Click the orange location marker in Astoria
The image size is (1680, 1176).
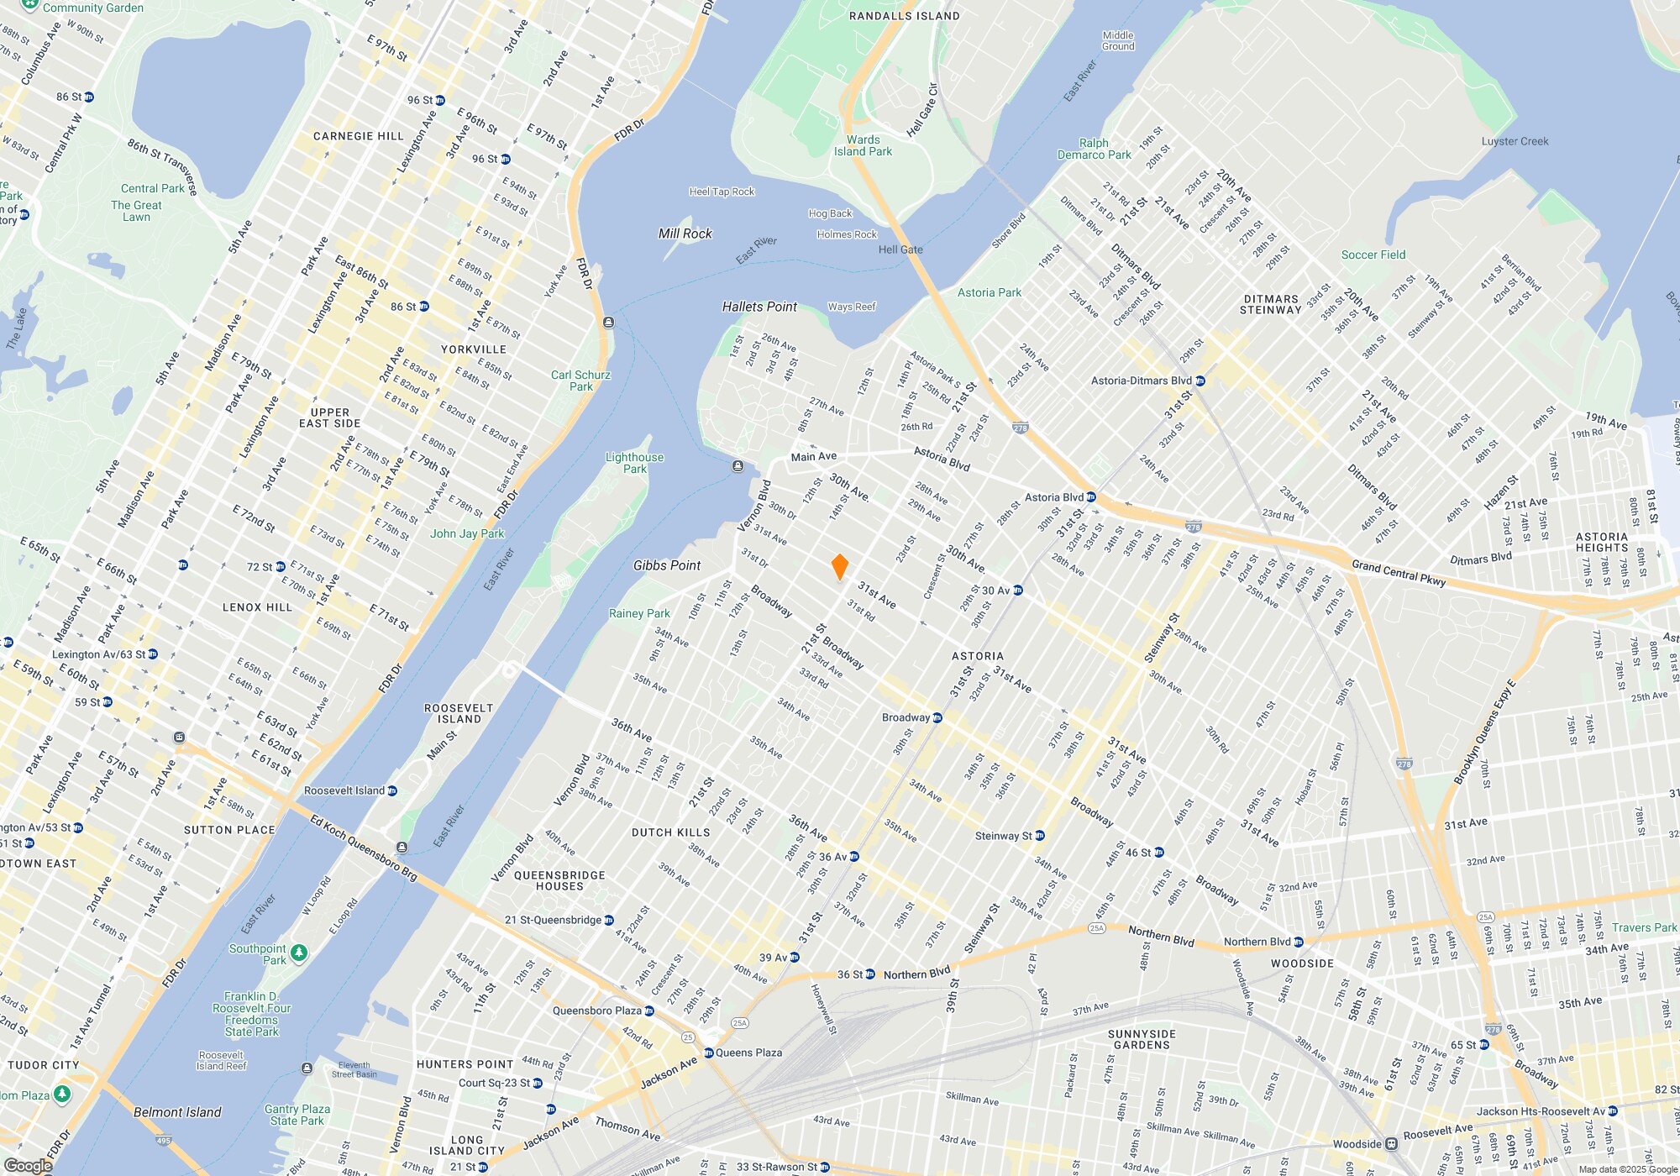click(x=839, y=567)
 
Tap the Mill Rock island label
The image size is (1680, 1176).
click(x=685, y=234)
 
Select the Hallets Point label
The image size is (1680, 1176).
click(x=759, y=307)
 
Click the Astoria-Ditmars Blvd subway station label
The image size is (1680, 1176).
click(x=1142, y=381)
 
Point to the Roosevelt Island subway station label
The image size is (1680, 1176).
click(x=344, y=790)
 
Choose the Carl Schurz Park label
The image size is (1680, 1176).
click(x=580, y=381)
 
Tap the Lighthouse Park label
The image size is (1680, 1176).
click(x=634, y=463)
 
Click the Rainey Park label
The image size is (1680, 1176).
click(x=639, y=613)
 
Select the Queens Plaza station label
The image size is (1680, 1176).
click(x=748, y=1053)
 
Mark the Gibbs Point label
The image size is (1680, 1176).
click(x=667, y=565)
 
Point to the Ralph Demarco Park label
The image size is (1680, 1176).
click(x=1094, y=149)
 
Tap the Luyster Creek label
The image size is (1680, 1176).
click(x=1515, y=141)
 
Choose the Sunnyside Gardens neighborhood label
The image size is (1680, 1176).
click(x=1142, y=1039)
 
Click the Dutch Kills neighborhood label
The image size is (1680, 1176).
click(x=670, y=832)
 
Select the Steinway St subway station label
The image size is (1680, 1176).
click(x=1003, y=836)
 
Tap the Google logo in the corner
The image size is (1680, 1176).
click(x=28, y=1166)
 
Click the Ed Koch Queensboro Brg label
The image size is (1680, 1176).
click(x=364, y=848)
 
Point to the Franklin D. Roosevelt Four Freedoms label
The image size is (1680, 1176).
click(x=251, y=1014)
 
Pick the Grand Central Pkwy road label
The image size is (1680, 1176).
click(x=1398, y=573)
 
